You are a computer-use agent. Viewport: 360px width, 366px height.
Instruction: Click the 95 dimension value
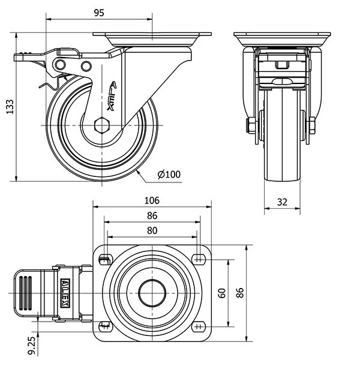(100, 12)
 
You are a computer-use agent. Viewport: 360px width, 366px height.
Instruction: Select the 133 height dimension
(9, 107)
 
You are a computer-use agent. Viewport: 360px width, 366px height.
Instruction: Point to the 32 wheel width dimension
(281, 202)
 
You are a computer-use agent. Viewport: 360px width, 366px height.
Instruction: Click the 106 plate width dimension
(152, 200)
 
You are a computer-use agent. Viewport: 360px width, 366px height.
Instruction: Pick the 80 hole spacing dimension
(152, 230)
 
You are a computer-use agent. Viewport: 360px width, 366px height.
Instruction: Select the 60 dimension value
(221, 293)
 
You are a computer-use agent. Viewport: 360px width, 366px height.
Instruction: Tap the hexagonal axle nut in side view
(101, 127)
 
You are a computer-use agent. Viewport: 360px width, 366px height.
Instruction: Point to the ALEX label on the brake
(65, 293)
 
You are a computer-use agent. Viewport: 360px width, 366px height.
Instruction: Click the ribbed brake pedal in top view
(27, 293)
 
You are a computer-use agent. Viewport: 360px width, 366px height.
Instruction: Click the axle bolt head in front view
(248, 127)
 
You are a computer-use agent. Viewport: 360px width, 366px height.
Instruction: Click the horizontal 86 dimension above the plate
(152, 215)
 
